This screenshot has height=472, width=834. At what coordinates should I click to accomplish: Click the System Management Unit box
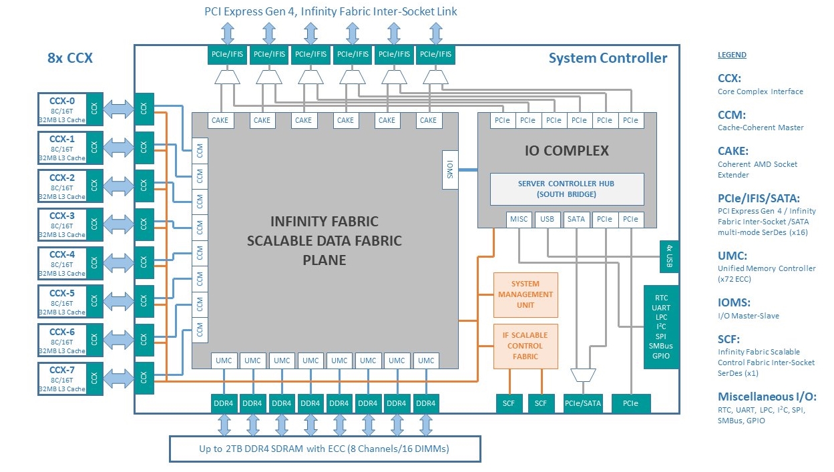pyautogui.click(x=526, y=294)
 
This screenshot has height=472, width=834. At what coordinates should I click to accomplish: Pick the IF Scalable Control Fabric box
pyautogui.click(x=526, y=346)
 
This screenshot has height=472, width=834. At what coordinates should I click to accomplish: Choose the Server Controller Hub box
pyautogui.click(x=566, y=189)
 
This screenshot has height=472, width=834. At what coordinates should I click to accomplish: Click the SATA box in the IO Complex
pyautogui.click(x=575, y=219)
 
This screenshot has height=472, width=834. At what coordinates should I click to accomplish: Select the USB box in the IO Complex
pyautogui.click(x=547, y=219)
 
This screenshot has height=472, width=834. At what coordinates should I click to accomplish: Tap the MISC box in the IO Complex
pyautogui.click(x=519, y=219)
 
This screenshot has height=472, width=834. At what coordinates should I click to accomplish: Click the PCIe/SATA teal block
pyautogui.click(x=583, y=403)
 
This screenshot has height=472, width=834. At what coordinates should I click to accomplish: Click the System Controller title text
pyautogui.click(x=608, y=58)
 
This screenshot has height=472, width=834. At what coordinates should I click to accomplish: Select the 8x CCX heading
pyautogui.click(x=70, y=58)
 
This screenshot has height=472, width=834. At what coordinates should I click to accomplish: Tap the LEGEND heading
pyautogui.click(x=732, y=55)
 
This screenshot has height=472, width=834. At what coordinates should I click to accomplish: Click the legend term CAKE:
pyautogui.click(x=733, y=152)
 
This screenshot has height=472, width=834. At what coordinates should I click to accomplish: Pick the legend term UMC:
pyautogui.click(x=732, y=256)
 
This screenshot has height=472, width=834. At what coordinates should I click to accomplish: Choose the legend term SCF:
pyautogui.click(x=729, y=339)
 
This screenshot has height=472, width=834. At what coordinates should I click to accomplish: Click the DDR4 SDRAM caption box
pyautogui.click(x=325, y=449)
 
